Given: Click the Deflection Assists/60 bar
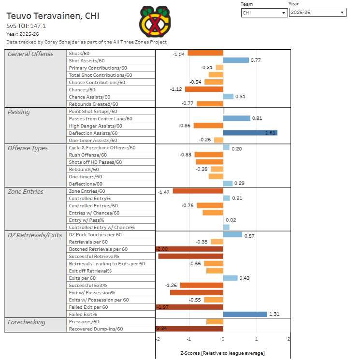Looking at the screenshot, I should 250,133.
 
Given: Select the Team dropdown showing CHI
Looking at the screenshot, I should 264,13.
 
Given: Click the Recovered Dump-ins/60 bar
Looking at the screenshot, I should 189,329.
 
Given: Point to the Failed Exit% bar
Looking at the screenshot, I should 245,314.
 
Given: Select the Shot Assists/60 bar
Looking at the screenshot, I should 236,60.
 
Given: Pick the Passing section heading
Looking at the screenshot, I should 19,112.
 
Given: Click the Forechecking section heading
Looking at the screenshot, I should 27,322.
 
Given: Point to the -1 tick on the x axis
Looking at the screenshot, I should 189,339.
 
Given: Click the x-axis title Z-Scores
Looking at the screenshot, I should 222,353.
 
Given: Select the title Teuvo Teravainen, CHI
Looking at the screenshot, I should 53,16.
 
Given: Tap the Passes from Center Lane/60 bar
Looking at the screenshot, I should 236,118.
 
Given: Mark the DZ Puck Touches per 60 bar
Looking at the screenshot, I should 232,235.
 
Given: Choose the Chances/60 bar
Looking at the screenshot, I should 204,89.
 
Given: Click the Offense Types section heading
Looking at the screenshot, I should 28,148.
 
